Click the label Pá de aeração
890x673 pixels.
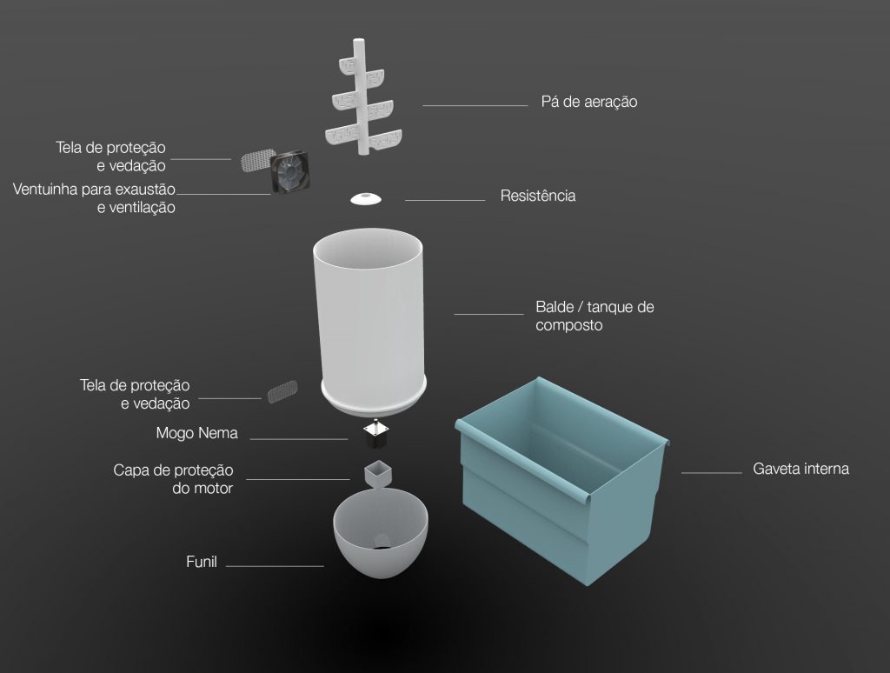[x=589, y=103]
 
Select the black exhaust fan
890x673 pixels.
[x=290, y=172]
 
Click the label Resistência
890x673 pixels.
[x=537, y=196]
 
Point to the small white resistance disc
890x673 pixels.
[x=366, y=199]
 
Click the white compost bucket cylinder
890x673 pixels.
[x=369, y=318]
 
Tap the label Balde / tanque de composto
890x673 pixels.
[x=594, y=316]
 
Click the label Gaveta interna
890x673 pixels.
[x=800, y=470]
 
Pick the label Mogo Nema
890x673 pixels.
[x=197, y=433]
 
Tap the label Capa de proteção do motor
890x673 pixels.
[x=173, y=479]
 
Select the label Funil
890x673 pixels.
[x=202, y=562]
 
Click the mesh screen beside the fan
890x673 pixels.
[x=257, y=160]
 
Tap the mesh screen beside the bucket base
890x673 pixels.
[x=282, y=391]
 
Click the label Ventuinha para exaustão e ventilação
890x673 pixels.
[x=94, y=198]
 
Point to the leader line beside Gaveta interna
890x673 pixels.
[x=711, y=472]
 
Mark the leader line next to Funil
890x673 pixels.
[x=275, y=566]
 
